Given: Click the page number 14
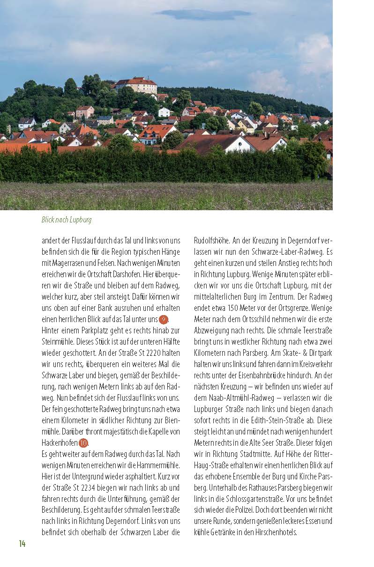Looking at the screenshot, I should tap(22, 543).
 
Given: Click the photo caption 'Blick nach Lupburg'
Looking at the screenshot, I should tap(66, 220).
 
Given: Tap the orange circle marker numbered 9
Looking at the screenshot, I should tap(163, 320).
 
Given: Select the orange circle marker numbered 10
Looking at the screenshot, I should tap(83, 443).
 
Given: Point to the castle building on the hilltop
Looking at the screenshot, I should tap(136, 85).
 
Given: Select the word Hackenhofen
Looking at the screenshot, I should tap(60, 443).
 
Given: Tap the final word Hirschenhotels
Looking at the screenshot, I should tap(275, 532).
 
